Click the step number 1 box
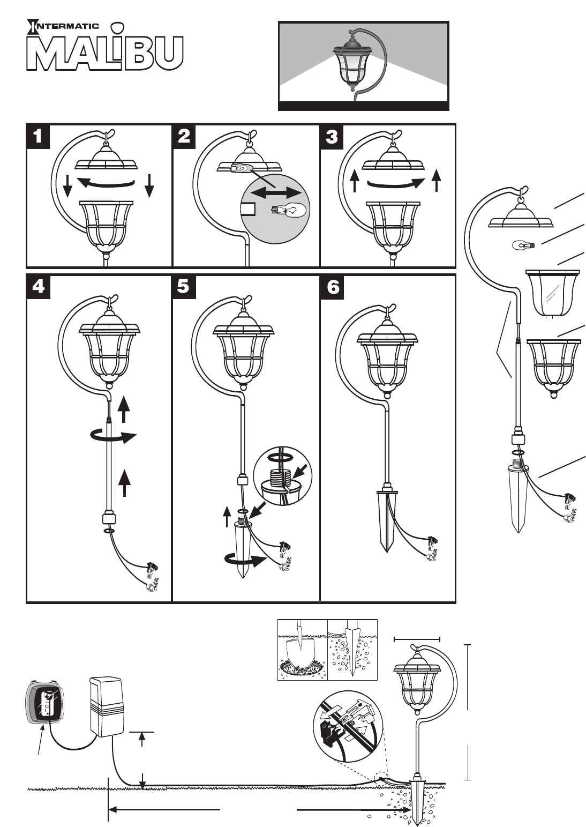[37, 136]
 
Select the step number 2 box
[184, 136]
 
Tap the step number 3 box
[332, 136]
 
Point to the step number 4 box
[37, 287]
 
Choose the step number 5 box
[184, 287]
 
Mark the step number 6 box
[332, 287]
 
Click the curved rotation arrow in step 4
[109, 437]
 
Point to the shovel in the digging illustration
[300, 651]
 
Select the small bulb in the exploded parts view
[522, 246]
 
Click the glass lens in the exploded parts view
[552, 292]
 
